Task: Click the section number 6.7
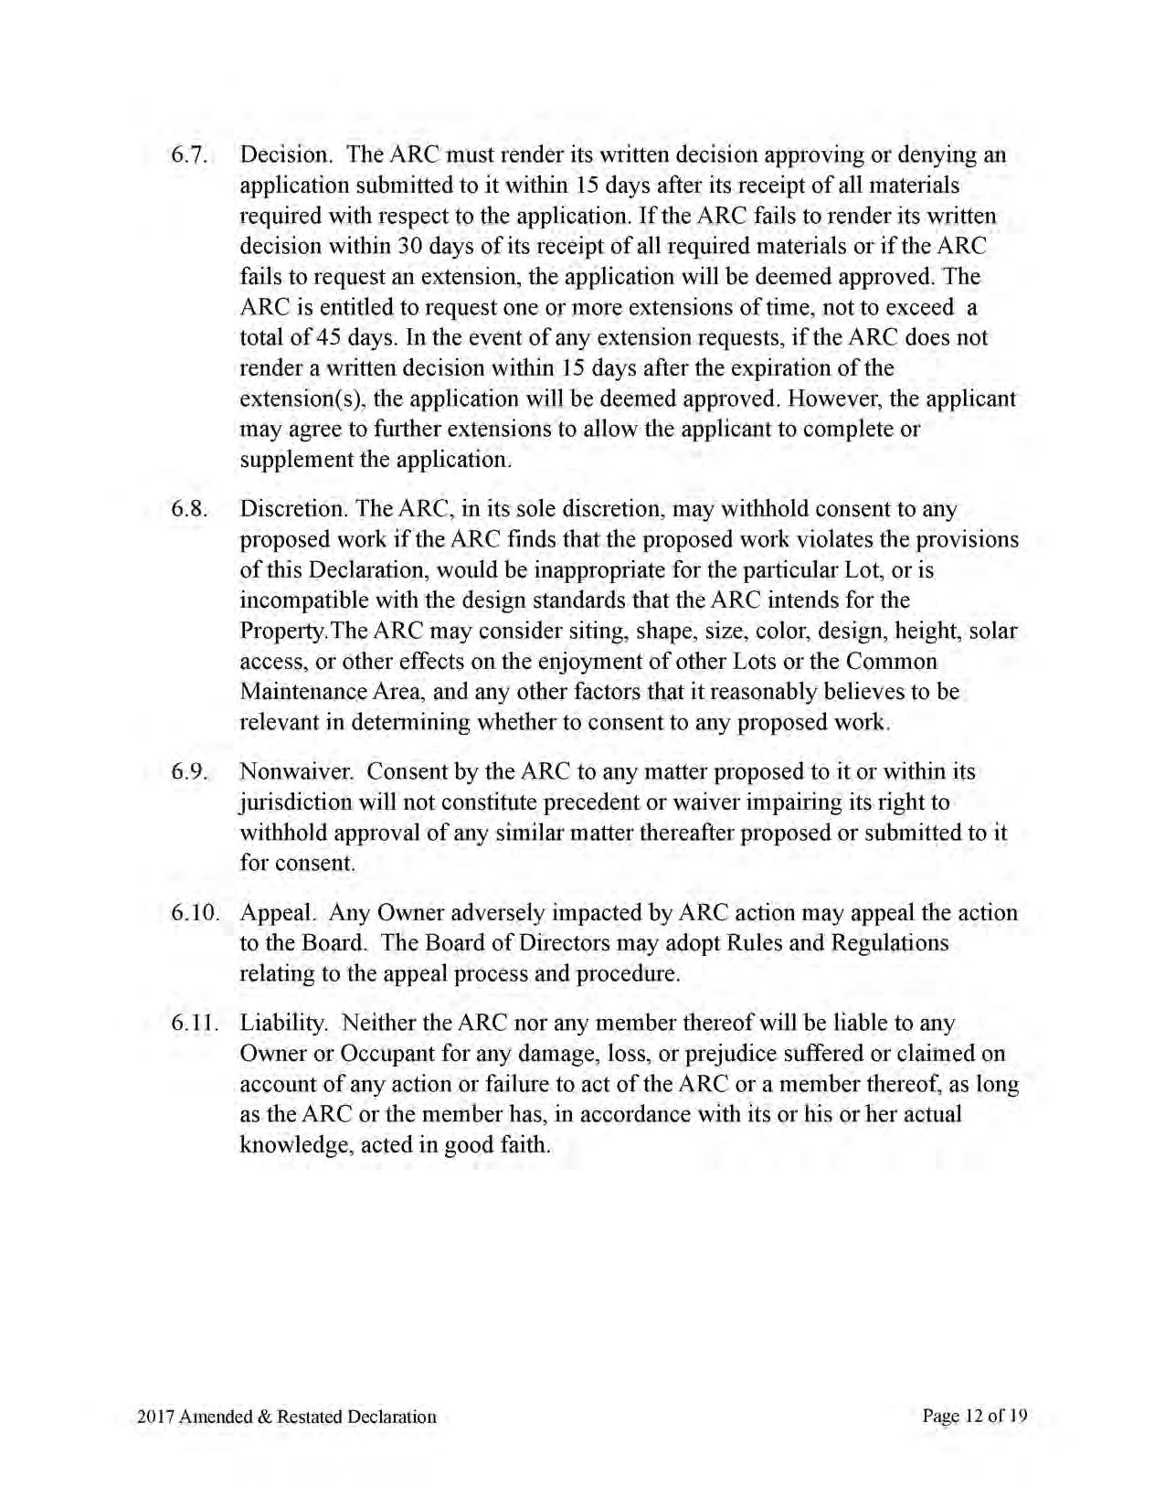pos(190,155)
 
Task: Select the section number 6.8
pos(190,509)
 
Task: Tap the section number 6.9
pos(190,772)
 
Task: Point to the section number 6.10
pos(196,913)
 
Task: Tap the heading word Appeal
pos(278,913)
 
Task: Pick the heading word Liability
pos(281,1024)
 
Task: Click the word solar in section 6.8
pos(993,631)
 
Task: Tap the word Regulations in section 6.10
pos(890,942)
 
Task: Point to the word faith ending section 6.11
pos(524,1144)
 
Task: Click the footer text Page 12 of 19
pos(975,1417)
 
